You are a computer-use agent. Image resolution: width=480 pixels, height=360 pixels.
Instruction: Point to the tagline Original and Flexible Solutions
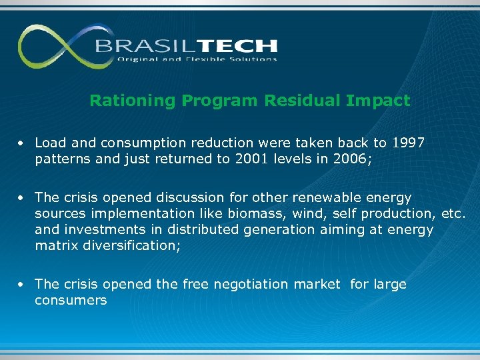pyautogui.click(x=197, y=59)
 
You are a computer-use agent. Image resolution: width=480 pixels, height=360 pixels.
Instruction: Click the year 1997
pyautogui.click(x=409, y=143)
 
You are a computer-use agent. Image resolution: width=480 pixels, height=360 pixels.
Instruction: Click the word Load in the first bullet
pyautogui.click(x=49, y=143)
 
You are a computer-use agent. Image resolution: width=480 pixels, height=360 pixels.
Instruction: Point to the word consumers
pyautogui.click(x=71, y=300)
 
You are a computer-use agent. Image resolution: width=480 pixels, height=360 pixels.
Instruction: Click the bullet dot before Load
pyautogui.click(x=22, y=143)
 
